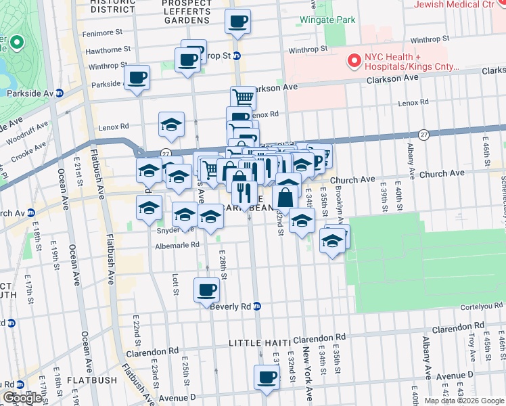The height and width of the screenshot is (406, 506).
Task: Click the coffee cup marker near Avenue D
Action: (267, 378)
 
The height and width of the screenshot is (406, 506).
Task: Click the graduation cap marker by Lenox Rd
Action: (172, 125)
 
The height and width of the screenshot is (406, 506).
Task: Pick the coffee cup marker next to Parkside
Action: (137, 78)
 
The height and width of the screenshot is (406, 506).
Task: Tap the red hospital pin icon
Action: (352, 62)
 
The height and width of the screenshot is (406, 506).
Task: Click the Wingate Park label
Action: (327, 20)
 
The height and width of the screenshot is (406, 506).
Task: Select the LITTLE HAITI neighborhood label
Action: (260, 343)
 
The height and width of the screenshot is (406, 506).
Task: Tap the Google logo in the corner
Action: (22, 398)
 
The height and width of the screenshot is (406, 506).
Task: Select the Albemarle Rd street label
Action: (176, 245)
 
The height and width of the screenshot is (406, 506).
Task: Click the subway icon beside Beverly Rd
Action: (257, 307)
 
